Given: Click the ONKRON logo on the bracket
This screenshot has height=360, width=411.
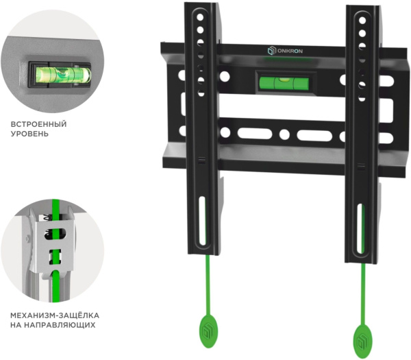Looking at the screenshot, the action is (285, 51).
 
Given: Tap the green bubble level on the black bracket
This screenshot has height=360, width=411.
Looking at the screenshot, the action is (284, 83).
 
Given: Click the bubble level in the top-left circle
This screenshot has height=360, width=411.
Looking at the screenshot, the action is (63, 75).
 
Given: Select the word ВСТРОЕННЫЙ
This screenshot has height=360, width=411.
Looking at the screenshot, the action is (39, 124).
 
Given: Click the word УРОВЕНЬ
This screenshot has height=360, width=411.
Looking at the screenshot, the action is (29, 134).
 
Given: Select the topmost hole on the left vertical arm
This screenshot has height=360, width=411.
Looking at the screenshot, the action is (200, 17).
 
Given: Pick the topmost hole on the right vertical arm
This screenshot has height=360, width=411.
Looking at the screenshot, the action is (362, 21).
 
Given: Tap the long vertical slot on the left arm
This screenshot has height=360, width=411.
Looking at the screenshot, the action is (202, 221).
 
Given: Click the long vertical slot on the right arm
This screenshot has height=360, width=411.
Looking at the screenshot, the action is (361, 229).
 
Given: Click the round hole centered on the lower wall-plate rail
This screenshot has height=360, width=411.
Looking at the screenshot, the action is (284, 134).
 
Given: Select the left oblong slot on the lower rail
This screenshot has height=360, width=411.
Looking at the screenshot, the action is (255, 134).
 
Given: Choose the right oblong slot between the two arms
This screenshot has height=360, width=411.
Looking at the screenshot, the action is (314, 135).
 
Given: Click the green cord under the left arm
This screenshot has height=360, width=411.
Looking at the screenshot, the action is (207, 285).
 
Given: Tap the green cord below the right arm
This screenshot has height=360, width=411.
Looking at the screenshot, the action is (363, 294).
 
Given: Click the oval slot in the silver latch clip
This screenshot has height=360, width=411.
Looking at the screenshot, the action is (55, 233).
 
